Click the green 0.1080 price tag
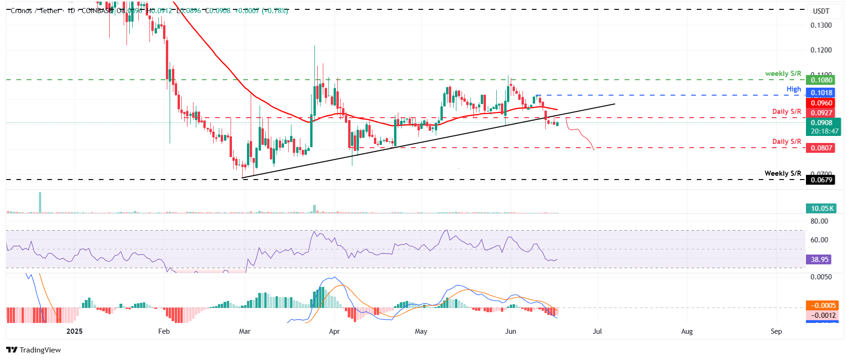(821, 80)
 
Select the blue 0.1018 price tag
(821, 93)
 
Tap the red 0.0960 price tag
(821, 103)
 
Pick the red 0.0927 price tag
(821, 113)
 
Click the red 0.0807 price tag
(821, 148)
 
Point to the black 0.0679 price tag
(821, 180)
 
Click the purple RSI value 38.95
(820, 259)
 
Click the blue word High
(794, 89)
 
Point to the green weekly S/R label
(783, 74)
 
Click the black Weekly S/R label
(783, 173)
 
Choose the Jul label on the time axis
(597, 331)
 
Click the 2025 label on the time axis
(75, 331)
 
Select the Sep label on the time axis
(776, 331)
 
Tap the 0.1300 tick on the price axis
(821, 25)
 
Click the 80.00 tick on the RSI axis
(820, 221)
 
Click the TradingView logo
(34, 350)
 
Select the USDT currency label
(821, 11)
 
